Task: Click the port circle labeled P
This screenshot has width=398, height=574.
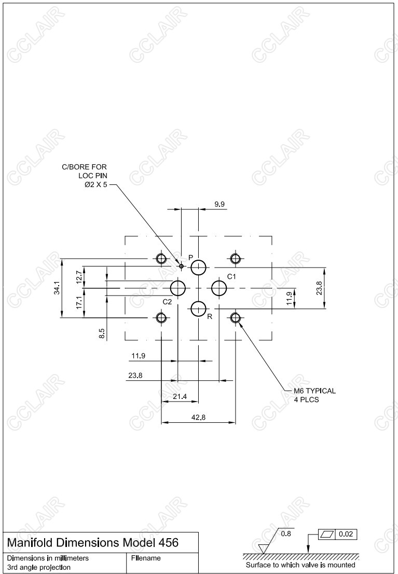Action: click(x=198, y=268)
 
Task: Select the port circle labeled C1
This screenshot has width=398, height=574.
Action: click(x=219, y=288)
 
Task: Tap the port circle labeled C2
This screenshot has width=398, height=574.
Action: click(x=178, y=288)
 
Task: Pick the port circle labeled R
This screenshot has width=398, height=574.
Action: click(x=198, y=309)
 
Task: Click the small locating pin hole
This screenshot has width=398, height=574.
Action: click(x=181, y=266)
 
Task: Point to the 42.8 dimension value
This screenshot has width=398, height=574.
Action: click(x=198, y=417)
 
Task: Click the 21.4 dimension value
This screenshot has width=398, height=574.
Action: click(x=180, y=396)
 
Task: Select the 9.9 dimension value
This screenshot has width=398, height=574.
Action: click(x=219, y=204)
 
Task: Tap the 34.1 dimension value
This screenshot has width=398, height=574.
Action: click(x=57, y=288)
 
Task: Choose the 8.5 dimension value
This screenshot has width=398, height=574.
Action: click(x=102, y=333)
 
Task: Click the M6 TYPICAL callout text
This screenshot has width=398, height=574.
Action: click(x=314, y=391)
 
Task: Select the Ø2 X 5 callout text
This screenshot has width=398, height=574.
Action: click(x=96, y=185)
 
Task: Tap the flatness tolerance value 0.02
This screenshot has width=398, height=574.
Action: click(x=346, y=534)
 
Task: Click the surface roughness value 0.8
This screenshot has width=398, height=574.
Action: click(x=286, y=533)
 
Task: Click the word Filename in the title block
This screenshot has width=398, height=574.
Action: click(x=146, y=558)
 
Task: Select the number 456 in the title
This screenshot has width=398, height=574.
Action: click(x=168, y=542)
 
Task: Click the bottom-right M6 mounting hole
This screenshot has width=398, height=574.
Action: click(x=235, y=317)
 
